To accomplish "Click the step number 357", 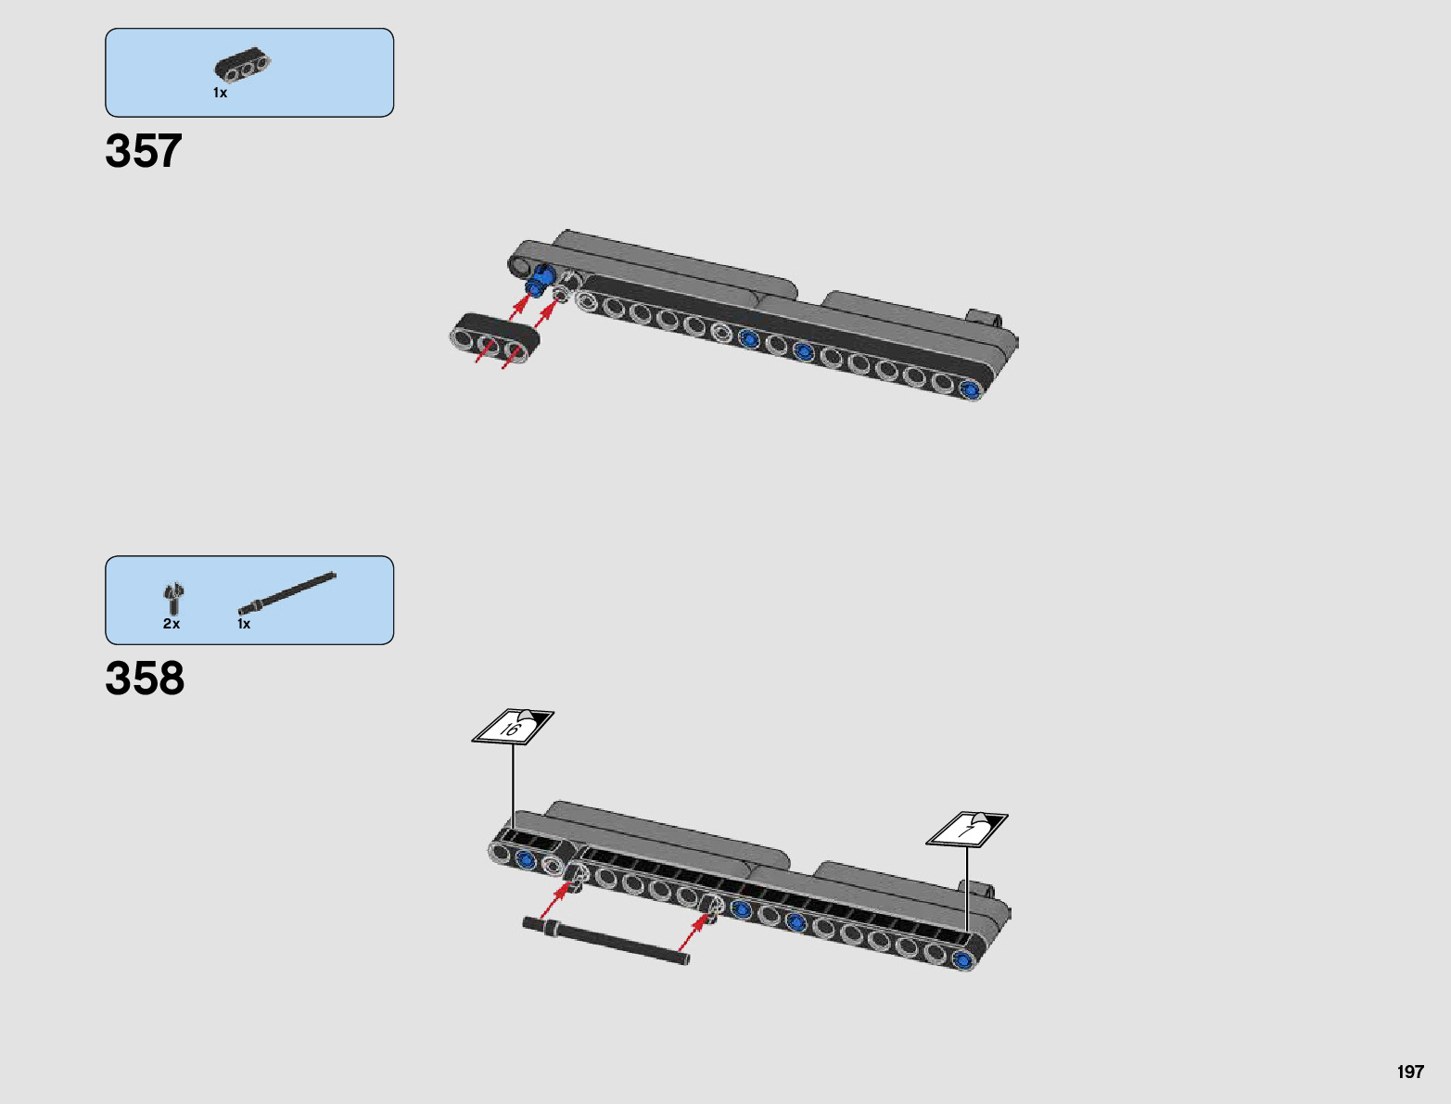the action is click(144, 151).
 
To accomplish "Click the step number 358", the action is click(145, 679).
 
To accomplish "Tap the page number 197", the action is click(1409, 1072).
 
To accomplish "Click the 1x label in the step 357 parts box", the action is click(220, 93).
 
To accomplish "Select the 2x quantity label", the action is click(172, 624).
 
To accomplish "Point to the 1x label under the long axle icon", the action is click(244, 624).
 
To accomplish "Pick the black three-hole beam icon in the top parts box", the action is click(243, 66).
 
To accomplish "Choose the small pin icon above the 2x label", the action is click(173, 598).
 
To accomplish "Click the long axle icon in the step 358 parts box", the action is click(287, 593).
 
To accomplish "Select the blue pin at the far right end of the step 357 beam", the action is click(971, 390).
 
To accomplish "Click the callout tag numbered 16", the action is click(513, 727).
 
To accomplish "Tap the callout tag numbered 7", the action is click(967, 829).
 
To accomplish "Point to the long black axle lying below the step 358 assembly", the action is click(606, 941).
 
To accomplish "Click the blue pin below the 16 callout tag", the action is click(527, 858).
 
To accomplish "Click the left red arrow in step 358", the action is click(555, 899).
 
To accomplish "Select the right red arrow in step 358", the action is click(694, 934).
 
